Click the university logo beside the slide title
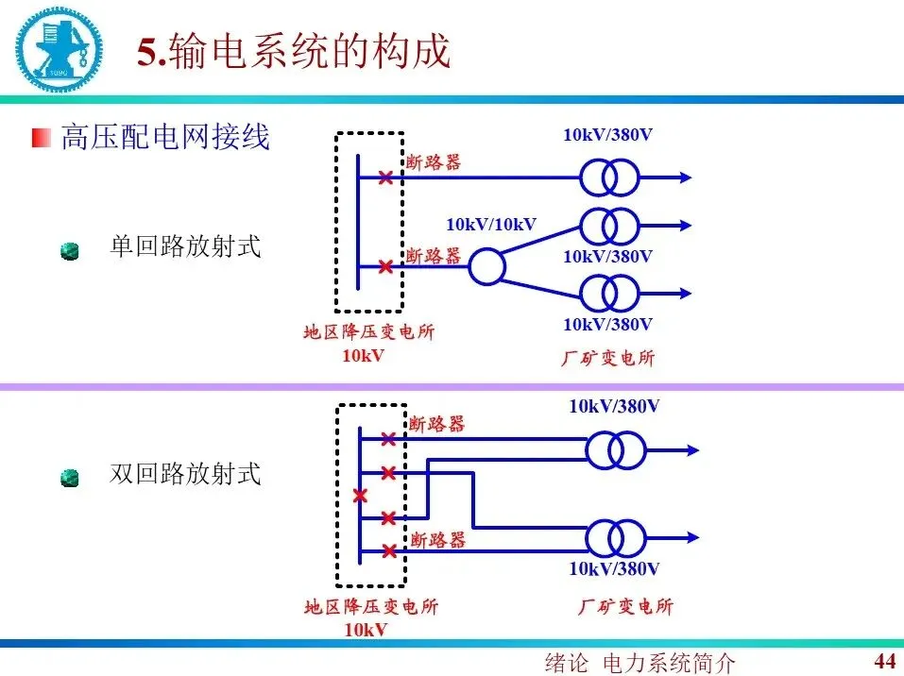pos(55,47)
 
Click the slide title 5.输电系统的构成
pos(294,51)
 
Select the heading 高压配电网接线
pos(165,137)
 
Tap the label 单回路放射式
pos(185,247)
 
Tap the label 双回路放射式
pos(185,473)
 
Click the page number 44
pos(884,660)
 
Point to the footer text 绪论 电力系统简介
pos(640,663)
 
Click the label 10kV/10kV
pos(490,225)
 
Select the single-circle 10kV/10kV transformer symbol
pos(488,267)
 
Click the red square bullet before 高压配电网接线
pos(41,138)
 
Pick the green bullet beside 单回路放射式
pos(69,251)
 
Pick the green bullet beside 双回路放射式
pos(69,478)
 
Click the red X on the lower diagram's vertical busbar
pos(359,496)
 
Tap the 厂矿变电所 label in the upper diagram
pos(607,358)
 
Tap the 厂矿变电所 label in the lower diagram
pos(625,607)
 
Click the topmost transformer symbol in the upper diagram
pos(609,177)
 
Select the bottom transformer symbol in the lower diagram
pos(615,538)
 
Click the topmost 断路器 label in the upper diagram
pos(434,162)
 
